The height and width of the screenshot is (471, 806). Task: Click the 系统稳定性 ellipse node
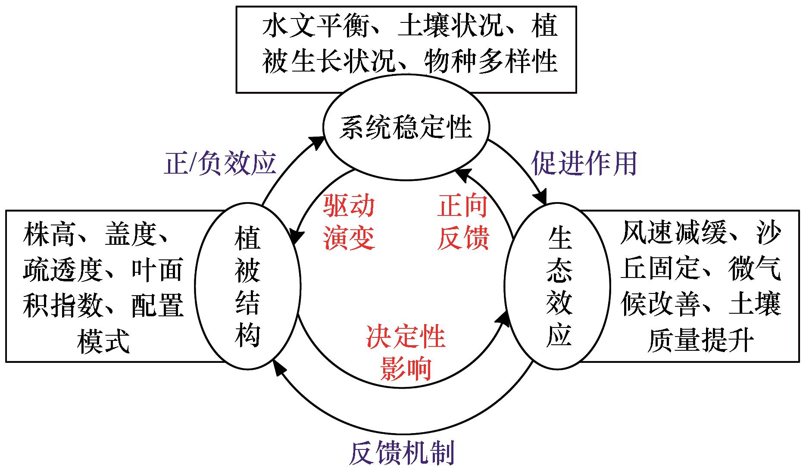click(406, 128)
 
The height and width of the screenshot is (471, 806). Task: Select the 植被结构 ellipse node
click(247, 286)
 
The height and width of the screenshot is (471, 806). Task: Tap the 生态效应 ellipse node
click(558, 286)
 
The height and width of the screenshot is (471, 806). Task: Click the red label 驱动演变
click(349, 221)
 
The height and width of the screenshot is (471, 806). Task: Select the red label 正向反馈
click(463, 221)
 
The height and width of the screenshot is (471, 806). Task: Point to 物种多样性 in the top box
click(491, 61)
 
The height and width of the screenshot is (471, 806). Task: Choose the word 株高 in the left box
click(49, 234)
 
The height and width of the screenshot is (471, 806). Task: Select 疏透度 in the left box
click(62, 270)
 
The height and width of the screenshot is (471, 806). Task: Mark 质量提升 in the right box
click(700, 340)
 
